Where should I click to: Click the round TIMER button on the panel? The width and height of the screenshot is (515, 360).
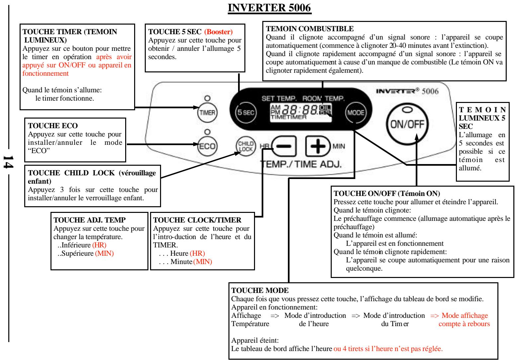(206, 112)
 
